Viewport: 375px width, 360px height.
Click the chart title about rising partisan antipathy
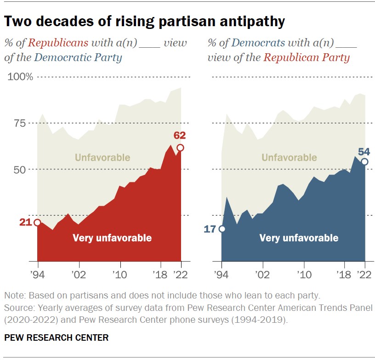tap(145, 21)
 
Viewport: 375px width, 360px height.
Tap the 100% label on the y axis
tap(20, 77)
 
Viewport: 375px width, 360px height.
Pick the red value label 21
tap(25, 222)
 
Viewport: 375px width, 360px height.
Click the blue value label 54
tap(364, 151)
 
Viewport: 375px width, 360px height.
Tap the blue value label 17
tap(210, 229)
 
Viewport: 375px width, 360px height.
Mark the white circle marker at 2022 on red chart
tap(181, 147)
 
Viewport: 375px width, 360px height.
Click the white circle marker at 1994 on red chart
tap(37, 223)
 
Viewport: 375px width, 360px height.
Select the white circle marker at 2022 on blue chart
tap(364, 162)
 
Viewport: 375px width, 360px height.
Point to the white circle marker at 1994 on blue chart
tap(222, 229)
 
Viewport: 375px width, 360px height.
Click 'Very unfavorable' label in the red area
tap(112, 238)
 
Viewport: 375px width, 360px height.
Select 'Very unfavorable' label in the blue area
tap(299, 238)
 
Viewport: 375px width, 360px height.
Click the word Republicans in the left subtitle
tap(58, 43)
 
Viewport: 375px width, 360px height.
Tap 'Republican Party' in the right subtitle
tap(306, 58)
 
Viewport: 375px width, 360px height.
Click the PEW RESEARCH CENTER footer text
tap(57, 337)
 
